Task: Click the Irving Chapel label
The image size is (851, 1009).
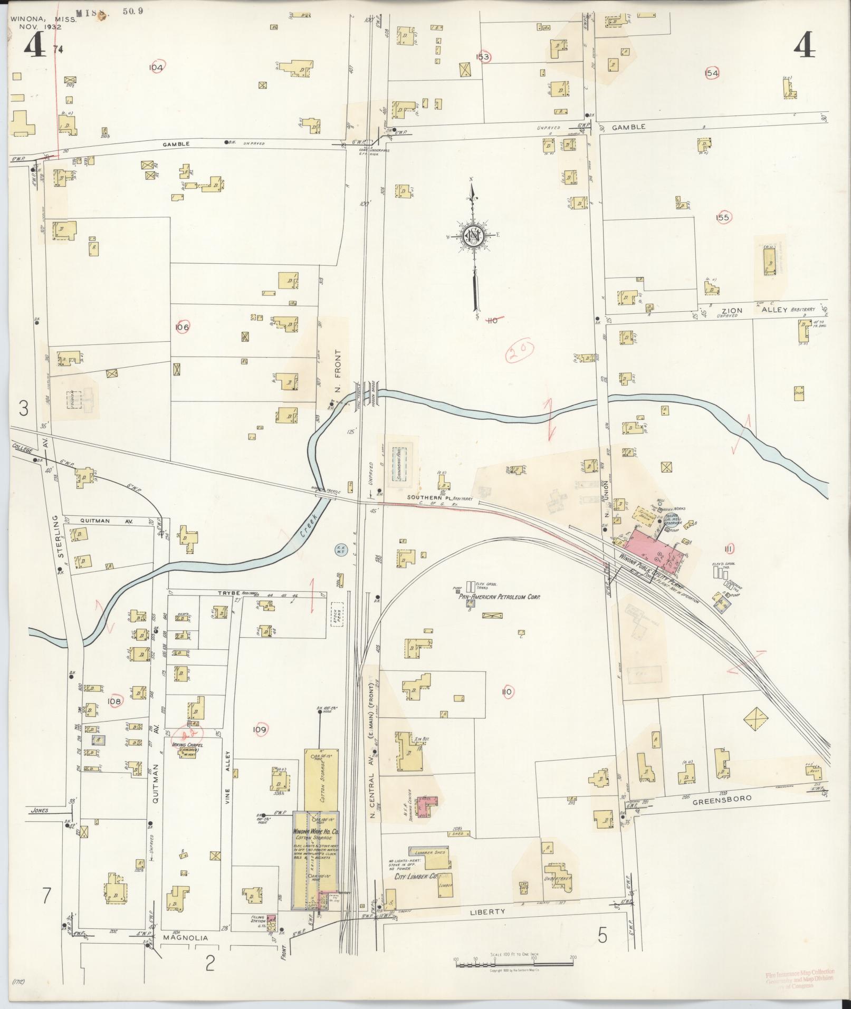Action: pos(188,745)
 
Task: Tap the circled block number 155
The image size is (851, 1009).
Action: pos(722,217)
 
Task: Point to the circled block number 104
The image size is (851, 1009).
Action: pos(156,68)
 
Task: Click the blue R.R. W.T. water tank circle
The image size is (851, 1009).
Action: pos(340,550)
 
